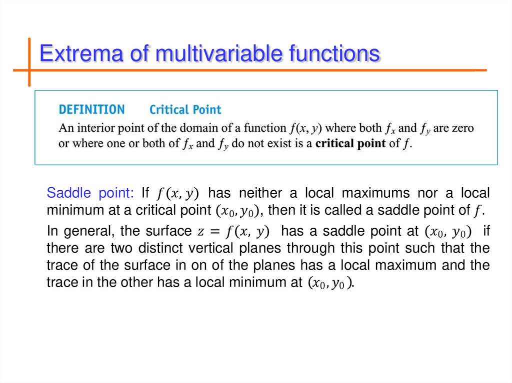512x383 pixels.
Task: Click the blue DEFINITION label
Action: [91, 109]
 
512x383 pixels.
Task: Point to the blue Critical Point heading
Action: [185, 109]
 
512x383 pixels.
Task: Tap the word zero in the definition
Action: [462, 128]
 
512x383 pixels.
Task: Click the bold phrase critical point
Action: [350, 143]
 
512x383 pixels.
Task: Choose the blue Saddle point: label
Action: [90, 193]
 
